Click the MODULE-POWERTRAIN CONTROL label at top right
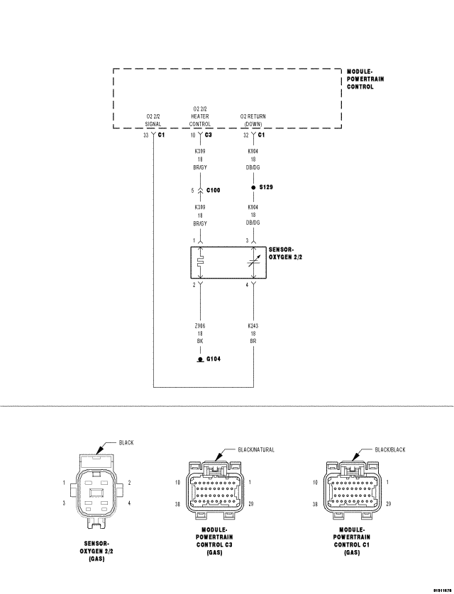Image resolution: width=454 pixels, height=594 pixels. [x=365, y=79]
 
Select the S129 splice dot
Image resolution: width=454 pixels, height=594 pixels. [x=253, y=189]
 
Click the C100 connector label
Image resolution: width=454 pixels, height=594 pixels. [x=213, y=191]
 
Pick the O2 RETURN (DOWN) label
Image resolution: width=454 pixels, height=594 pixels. [x=253, y=119]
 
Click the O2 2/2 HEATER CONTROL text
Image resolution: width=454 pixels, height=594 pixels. [x=199, y=116]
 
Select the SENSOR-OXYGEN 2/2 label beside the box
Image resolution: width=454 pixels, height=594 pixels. [x=286, y=254]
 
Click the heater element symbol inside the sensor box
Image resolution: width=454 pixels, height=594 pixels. [x=200, y=262]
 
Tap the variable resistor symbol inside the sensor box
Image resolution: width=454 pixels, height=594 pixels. [x=253, y=262]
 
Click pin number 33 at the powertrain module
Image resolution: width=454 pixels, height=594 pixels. [x=145, y=135]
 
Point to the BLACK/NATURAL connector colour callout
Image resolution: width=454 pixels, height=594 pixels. [x=256, y=449]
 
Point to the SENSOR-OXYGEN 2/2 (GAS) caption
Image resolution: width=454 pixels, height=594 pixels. [x=96, y=550]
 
